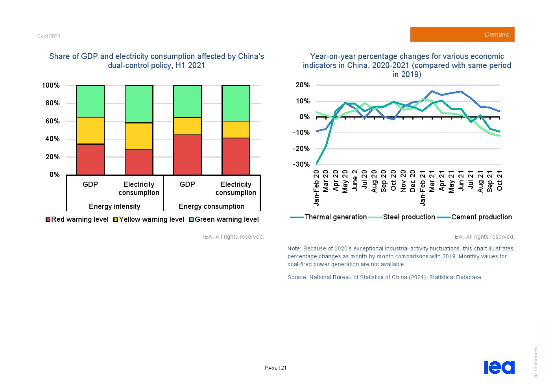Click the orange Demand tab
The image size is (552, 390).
[x=462, y=35]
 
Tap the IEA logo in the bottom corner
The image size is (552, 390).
[x=499, y=367]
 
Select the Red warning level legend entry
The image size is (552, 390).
[x=77, y=219]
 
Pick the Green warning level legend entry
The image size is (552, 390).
[x=224, y=219]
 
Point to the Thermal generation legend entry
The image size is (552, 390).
[x=329, y=217]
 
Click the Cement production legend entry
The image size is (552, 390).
[x=476, y=217]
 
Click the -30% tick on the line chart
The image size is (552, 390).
[x=301, y=164]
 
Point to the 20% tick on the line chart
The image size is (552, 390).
[x=303, y=85]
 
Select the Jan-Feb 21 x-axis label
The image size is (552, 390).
[x=423, y=188]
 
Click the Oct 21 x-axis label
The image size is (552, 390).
[x=500, y=181]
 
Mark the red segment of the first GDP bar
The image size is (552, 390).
[x=90, y=159]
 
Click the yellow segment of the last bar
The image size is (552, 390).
[x=236, y=129]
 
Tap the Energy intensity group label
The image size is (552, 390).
[x=114, y=206]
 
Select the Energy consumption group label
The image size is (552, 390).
[x=211, y=206]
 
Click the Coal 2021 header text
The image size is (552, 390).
[x=49, y=36]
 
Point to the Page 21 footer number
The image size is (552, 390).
[x=276, y=368]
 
